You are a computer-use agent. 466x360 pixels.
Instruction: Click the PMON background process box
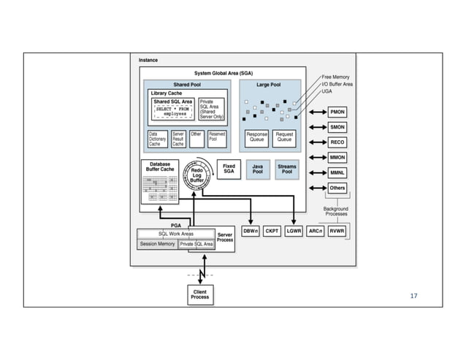(x=337, y=112)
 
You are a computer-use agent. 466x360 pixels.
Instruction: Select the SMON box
(x=337, y=127)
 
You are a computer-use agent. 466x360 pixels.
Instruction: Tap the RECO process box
(x=337, y=142)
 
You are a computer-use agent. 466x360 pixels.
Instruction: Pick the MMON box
(x=337, y=158)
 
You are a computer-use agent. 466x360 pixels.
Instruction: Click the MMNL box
(x=337, y=173)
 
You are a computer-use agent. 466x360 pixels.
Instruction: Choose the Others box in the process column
(x=337, y=188)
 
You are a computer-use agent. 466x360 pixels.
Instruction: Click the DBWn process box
(x=250, y=231)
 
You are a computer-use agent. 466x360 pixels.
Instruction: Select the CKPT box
(x=272, y=231)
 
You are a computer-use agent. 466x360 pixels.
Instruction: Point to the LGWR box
(x=294, y=231)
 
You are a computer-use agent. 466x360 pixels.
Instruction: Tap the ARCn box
(x=316, y=231)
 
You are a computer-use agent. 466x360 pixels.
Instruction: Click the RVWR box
(x=337, y=231)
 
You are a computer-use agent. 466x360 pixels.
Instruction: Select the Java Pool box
(x=258, y=169)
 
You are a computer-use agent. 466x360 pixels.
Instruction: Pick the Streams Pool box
(x=287, y=169)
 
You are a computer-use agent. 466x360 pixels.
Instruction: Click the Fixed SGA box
(x=229, y=169)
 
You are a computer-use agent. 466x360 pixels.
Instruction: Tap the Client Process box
(x=199, y=294)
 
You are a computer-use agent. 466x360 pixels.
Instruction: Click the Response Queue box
(x=257, y=137)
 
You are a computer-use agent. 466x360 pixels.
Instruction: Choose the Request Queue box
(x=284, y=137)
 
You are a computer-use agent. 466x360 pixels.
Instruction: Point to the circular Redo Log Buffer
(x=196, y=175)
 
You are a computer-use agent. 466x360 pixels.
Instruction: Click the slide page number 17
(x=414, y=296)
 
